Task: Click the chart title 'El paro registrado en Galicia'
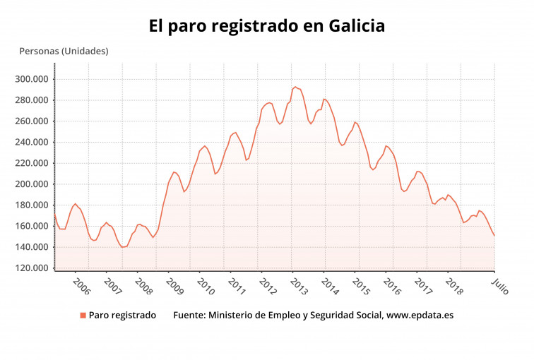pyautogui.click(x=266, y=26)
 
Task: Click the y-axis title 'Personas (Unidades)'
pyautogui.click(x=64, y=51)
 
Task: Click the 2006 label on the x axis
pyautogui.click(x=81, y=286)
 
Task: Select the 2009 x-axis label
pyautogui.click(x=174, y=286)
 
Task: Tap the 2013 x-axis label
pyautogui.click(x=299, y=286)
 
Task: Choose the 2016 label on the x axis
pyautogui.click(x=392, y=286)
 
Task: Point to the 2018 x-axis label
pyautogui.click(x=454, y=286)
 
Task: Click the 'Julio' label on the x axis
pyautogui.click(x=499, y=286)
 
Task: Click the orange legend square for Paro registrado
pyautogui.click(x=83, y=316)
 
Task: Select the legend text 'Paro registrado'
pyautogui.click(x=122, y=316)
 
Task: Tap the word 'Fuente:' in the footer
pyautogui.click(x=191, y=316)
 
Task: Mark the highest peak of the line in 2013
pyautogui.click(x=295, y=86)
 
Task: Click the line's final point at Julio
pyautogui.click(x=494, y=236)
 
